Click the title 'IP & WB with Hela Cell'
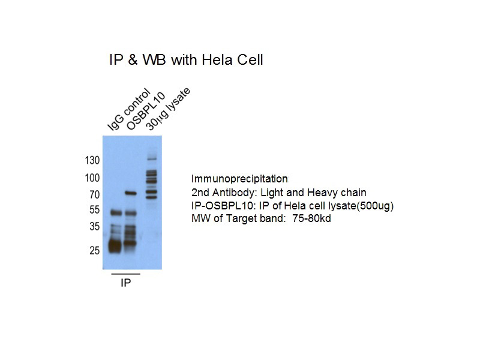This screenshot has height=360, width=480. point(185,60)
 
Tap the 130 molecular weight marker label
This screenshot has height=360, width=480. point(92,160)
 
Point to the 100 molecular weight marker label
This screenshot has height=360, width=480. point(92,178)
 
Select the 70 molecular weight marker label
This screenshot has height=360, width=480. point(94,194)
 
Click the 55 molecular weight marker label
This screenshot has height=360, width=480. point(94,211)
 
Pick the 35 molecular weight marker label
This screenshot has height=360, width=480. point(94,227)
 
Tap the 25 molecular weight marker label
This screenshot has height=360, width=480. point(94,250)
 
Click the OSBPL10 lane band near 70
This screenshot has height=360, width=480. point(131,194)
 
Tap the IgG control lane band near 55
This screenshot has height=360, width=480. point(115,212)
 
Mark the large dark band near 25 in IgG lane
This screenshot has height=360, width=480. point(115,245)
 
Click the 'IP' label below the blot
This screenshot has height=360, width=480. point(125,283)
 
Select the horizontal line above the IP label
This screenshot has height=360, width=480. point(125,274)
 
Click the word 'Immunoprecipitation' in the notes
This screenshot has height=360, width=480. point(239,179)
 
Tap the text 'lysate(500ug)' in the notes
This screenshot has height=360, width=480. point(364,206)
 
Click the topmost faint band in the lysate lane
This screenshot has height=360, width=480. point(151,158)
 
